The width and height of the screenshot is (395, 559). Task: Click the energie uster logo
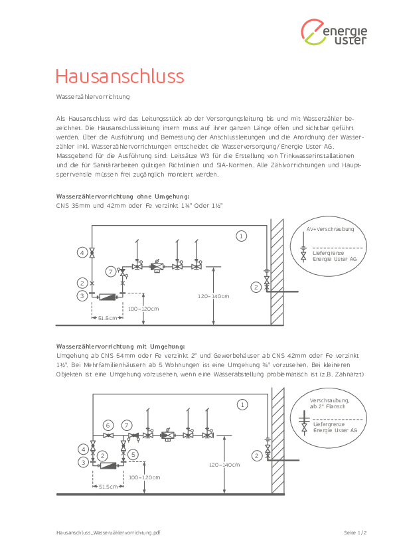[x=334, y=32]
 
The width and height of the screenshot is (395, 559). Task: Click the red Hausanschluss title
[x=119, y=76]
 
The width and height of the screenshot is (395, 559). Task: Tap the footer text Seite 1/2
[x=355, y=532]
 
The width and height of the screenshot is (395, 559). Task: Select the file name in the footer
[x=108, y=532]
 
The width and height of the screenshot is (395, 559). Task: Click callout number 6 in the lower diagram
[x=108, y=425]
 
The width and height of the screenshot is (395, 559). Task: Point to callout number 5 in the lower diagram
[x=133, y=454]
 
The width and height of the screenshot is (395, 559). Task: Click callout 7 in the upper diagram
[x=110, y=272]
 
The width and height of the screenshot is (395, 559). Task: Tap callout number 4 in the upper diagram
[x=82, y=253]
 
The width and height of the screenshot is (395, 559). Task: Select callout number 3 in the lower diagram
[x=84, y=462]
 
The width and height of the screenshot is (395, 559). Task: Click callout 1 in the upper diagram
[x=242, y=236]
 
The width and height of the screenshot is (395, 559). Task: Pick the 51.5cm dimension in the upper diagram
[x=108, y=318]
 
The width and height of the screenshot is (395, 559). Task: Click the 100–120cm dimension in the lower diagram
[x=144, y=477]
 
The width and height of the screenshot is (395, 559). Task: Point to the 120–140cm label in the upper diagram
[x=214, y=296]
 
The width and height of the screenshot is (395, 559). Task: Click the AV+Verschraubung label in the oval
[x=331, y=229]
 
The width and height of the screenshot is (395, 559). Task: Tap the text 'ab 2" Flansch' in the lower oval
[x=328, y=406]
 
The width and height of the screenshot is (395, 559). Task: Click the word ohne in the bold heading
[x=144, y=197]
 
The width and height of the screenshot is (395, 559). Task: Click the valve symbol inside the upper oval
[x=303, y=256]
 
